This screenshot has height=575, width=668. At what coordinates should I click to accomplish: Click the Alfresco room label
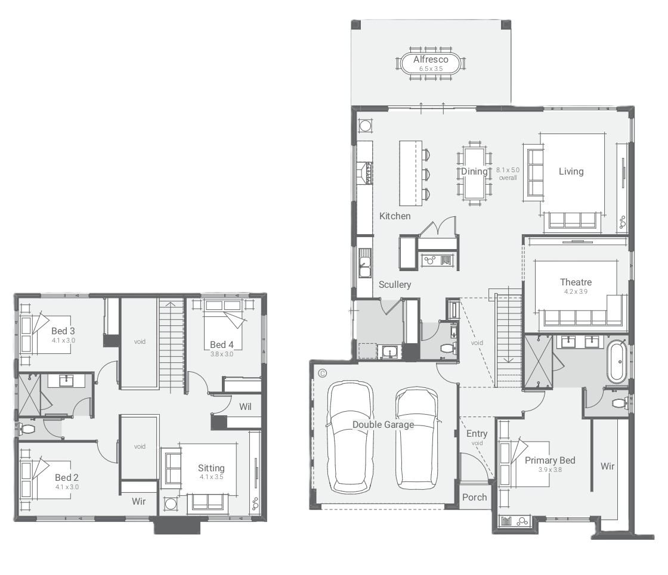(x=431, y=60)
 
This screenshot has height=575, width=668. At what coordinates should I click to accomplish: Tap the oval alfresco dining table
(x=431, y=64)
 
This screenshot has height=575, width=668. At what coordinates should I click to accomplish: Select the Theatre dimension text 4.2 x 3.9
(x=576, y=291)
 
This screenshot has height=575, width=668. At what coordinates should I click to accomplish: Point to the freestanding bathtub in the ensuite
(x=617, y=362)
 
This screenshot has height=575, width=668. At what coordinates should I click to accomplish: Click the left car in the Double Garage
(x=350, y=437)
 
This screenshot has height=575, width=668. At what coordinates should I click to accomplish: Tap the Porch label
(x=475, y=497)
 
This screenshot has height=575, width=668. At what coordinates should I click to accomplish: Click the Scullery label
(x=395, y=285)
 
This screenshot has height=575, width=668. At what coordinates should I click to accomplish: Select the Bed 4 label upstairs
(x=221, y=345)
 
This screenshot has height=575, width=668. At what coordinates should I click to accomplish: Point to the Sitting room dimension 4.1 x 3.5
(x=211, y=477)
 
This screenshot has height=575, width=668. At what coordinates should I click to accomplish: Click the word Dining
(x=474, y=171)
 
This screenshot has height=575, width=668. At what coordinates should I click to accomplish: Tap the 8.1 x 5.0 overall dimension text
(x=508, y=173)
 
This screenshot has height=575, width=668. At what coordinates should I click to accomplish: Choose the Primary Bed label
(x=550, y=460)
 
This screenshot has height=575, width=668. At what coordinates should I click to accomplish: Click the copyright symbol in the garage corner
(x=323, y=373)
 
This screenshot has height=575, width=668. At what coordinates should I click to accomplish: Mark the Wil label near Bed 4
(x=245, y=406)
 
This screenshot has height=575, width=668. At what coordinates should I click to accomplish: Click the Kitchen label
(x=395, y=216)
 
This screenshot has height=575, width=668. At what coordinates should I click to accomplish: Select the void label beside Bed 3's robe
(x=140, y=341)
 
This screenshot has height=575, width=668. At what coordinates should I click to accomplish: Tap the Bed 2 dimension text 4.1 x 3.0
(x=67, y=487)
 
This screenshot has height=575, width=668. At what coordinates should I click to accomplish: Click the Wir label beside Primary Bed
(x=608, y=466)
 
